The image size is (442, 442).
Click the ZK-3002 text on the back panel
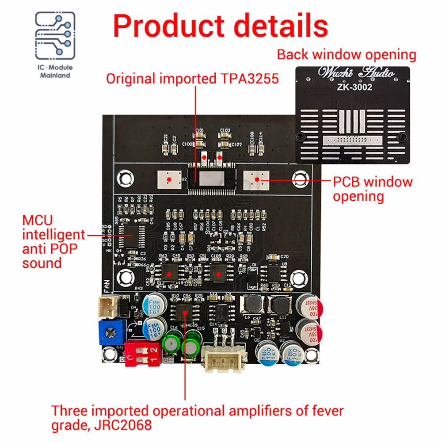[352, 88]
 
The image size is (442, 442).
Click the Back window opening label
[347, 55]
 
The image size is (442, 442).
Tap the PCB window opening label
[373, 189]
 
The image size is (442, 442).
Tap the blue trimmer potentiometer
[111, 332]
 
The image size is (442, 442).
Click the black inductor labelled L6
[251, 305]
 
